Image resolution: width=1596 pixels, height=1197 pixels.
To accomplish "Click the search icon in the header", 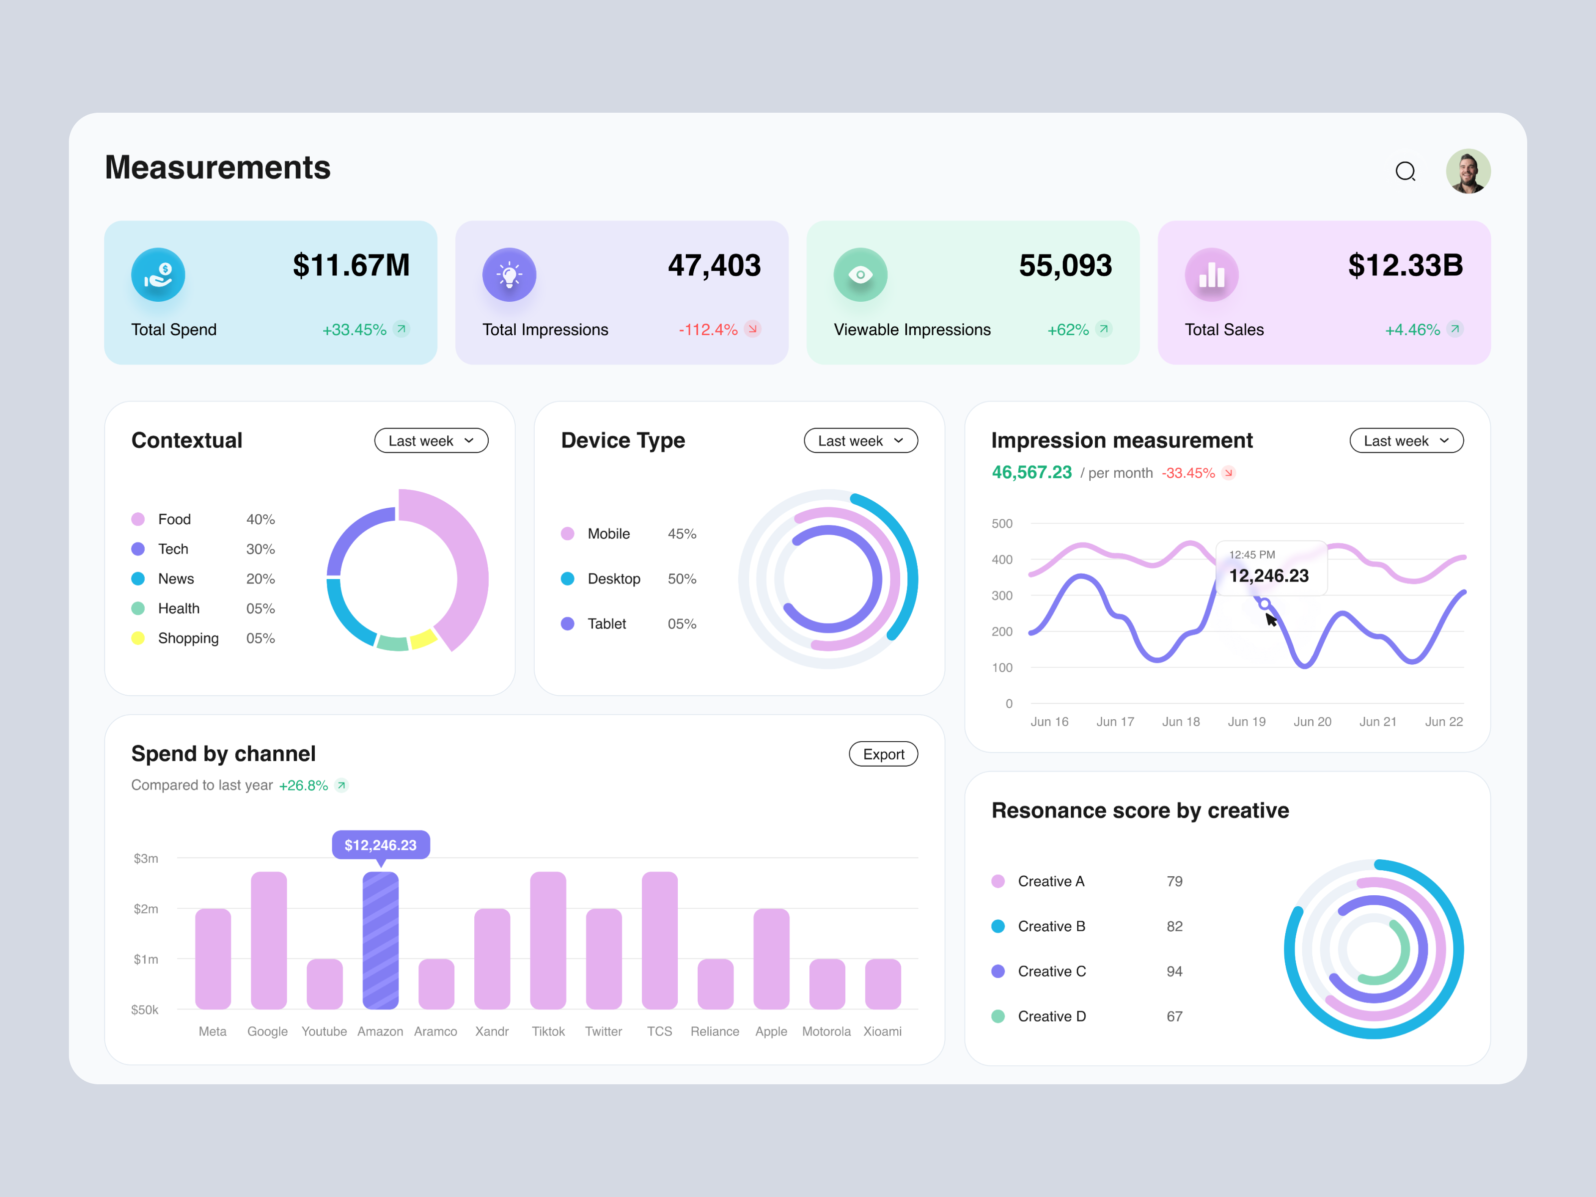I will pos(1405,172).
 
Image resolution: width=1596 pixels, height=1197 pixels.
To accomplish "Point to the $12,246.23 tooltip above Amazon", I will pos(380,845).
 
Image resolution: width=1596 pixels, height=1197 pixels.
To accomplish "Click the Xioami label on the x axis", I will pos(882,1031).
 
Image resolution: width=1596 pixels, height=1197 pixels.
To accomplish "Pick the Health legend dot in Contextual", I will pos(138,608).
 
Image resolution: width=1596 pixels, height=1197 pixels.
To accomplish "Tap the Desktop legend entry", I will pos(613,579).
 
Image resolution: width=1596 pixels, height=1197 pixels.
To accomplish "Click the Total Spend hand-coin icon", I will pos(158,275).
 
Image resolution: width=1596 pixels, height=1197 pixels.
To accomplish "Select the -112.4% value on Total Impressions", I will pos(707,330).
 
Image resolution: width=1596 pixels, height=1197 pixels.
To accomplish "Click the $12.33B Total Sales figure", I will pos(1405,265).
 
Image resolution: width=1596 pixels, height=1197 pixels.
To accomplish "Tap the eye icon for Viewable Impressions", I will pos(860,275).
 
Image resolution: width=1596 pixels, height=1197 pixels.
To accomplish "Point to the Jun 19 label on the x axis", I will pos(1246,722).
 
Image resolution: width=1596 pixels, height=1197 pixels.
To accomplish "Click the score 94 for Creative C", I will pos(1174,971).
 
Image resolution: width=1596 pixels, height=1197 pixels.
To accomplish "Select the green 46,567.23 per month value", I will pos(1031,473).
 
